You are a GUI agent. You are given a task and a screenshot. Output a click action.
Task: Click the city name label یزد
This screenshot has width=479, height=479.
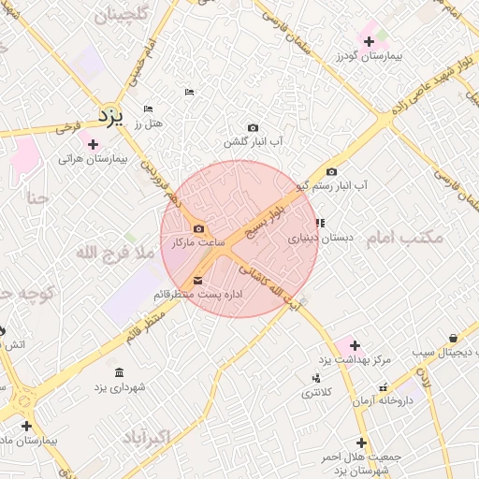(x=110, y=116)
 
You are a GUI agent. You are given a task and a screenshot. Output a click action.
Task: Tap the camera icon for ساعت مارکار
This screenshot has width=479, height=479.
(x=198, y=228)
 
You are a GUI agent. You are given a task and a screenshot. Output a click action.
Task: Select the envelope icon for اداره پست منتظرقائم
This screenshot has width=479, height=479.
(x=197, y=281)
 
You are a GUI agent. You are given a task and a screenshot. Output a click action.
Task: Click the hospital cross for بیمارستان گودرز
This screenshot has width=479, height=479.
(x=369, y=41)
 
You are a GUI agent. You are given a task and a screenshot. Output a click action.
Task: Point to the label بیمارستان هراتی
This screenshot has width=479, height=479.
(x=92, y=159)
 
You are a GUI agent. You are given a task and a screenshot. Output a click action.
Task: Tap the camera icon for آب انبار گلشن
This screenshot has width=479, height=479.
(x=253, y=128)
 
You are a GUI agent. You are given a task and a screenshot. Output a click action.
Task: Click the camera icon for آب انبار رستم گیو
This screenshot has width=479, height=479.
(x=331, y=171)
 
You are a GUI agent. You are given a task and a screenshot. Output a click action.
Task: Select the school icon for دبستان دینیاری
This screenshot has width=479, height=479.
(x=320, y=224)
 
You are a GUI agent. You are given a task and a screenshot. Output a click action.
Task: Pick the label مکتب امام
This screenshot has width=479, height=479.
(x=403, y=238)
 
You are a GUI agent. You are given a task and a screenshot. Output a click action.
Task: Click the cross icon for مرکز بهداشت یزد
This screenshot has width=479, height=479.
(x=355, y=345)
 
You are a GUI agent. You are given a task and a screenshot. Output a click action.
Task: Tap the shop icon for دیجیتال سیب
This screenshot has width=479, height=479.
(x=454, y=338)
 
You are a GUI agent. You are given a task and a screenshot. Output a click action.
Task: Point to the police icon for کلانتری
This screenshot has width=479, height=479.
(x=315, y=378)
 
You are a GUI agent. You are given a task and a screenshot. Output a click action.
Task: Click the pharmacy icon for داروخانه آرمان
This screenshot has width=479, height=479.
(x=384, y=386)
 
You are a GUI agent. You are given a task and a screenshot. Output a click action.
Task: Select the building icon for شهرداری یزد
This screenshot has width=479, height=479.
(x=119, y=371)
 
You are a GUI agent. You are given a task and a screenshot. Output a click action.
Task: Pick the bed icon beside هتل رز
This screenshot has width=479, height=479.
(x=149, y=109)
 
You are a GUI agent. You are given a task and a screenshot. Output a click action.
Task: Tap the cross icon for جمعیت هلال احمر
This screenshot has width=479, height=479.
(x=361, y=443)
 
